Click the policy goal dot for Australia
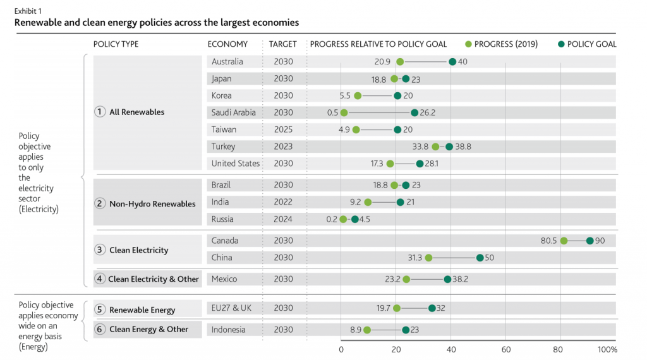(x=452, y=62)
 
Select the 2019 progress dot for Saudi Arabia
(x=344, y=112)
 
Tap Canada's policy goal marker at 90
(x=590, y=241)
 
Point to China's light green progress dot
(x=428, y=258)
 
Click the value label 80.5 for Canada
(x=548, y=241)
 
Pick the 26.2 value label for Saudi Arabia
(x=428, y=112)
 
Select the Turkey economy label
(x=224, y=147)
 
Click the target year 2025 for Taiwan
(x=283, y=129)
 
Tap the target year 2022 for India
(x=283, y=202)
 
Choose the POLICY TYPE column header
(x=116, y=44)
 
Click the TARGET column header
(x=283, y=44)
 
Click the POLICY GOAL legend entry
(x=587, y=44)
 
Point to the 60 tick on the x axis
(x=506, y=349)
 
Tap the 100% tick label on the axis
(x=607, y=349)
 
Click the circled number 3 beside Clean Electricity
(x=99, y=249)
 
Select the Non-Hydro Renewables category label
(x=152, y=203)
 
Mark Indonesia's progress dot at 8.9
(x=367, y=330)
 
